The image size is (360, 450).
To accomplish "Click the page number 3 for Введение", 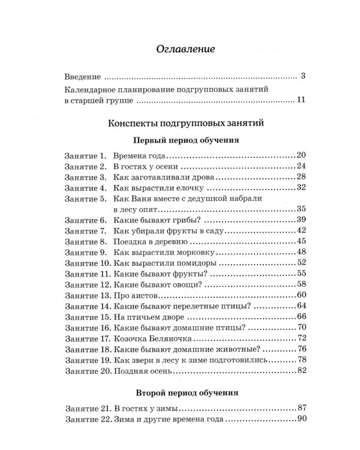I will (x=304, y=77).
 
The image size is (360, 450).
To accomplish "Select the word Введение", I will (x=83, y=77).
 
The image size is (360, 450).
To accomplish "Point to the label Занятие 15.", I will (x=85, y=317).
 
